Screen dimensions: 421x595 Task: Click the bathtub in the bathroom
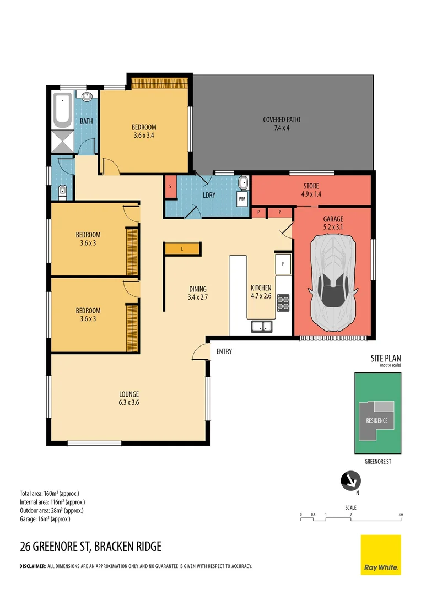pos(62,110)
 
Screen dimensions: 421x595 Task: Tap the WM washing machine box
pos(242,199)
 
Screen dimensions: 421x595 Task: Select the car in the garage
pos(333,283)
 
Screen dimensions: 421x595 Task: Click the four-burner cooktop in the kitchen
pos(283,303)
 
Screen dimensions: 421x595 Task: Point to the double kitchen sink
pos(262,326)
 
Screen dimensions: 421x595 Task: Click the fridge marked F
pos(283,264)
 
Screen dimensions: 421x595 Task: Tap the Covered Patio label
pos(282,124)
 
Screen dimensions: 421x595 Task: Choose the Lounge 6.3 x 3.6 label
pos(129,398)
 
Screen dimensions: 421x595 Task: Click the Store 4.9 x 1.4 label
pos(311,190)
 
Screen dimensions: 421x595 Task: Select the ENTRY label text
pos(224,351)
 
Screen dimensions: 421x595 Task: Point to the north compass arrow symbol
pos(350,481)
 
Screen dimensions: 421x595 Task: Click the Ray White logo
pos(381,555)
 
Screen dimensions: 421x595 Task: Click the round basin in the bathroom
pos(87,96)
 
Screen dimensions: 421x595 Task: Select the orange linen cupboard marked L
pos(182,249)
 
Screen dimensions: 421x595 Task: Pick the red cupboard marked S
pos(171,186)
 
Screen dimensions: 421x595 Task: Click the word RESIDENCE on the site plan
pos(377,420)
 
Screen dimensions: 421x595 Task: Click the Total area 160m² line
pos(50,494)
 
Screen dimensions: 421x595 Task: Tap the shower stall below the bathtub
pos(62,141)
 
